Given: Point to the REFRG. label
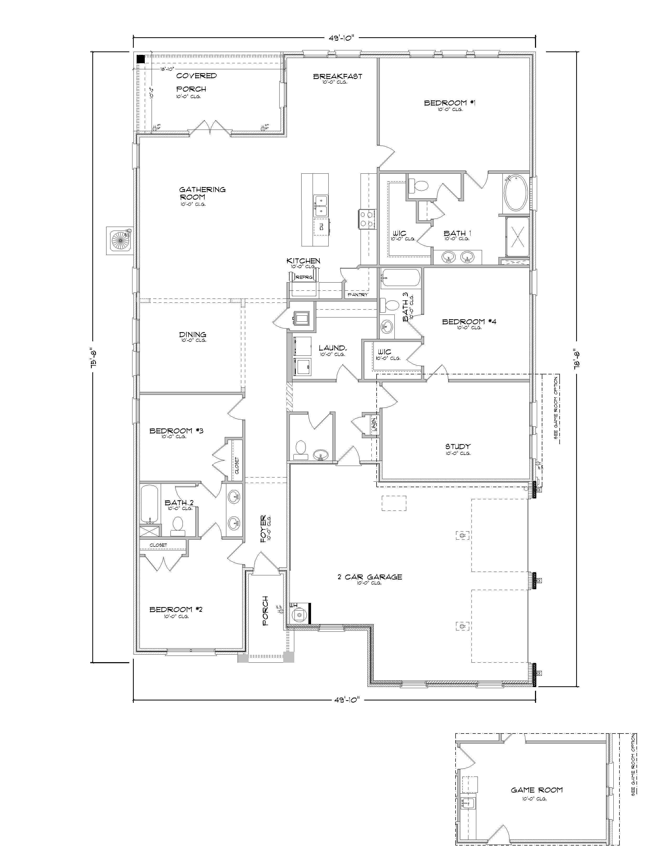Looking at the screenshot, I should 304,278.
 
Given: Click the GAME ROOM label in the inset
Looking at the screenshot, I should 536,790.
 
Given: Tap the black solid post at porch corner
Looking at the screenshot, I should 140,60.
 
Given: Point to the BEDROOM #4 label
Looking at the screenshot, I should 469,322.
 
